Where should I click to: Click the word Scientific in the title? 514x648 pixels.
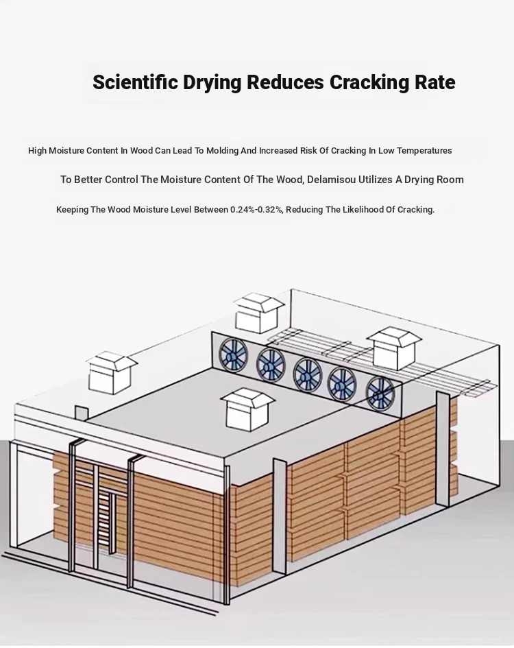tap(136, 82)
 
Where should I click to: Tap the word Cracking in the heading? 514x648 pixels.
tap(369, 83)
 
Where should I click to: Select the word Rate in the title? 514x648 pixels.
tap(435, 82)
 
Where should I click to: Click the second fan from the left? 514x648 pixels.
tap(271, 365)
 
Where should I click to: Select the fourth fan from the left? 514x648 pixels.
tap(343, 383)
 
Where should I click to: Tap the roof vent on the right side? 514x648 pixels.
tap(394, 348)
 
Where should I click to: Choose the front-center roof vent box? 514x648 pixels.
tap(247, 408)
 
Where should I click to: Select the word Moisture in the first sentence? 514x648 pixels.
tap(66, 150)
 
